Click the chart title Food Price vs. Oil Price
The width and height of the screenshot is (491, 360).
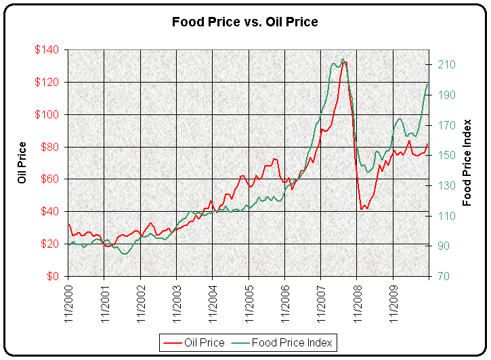pyautogui.click(x=245, y=22)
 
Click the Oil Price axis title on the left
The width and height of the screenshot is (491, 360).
pyautogui.click(x=23, y=162)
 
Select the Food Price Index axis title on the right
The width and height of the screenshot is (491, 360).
pyautogui.click(x=467, y=162)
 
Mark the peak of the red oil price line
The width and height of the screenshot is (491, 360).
pyautogui.click(x=344, y=62)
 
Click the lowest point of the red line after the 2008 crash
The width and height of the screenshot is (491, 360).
pyautogui.click(x=363, y=208)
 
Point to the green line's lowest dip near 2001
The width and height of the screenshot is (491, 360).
pyautogui.click(x=124, y=254)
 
